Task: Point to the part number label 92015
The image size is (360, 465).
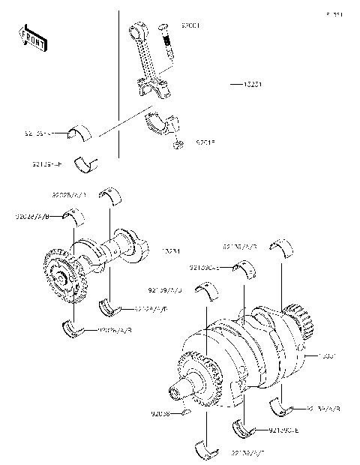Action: click(x=205, y=142)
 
